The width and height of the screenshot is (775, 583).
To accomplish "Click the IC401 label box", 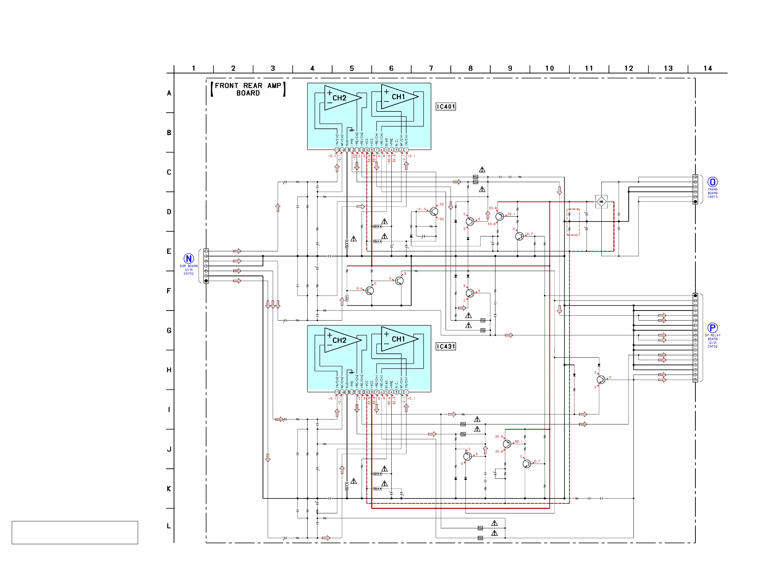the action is click(445, 107).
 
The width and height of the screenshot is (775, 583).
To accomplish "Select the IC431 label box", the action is click(445, 346).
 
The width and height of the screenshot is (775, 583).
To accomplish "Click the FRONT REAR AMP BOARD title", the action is click(248, 89).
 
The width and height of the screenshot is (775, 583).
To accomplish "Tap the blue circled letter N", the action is click(189, 259).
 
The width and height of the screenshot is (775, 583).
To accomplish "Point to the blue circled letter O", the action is click(712, 182).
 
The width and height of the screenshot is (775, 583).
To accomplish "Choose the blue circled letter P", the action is click(712, 328).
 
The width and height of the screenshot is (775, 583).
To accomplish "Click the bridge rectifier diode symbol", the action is click(601, 201).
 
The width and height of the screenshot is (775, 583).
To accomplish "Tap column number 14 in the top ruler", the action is click(708, 68).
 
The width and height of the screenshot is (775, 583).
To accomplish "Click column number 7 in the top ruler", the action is click(431, 68).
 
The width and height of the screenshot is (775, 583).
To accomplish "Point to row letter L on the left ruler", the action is click(169, 526).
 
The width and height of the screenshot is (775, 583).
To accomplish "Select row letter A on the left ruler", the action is click(169, 93).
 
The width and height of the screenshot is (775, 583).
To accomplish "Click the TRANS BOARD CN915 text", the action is click(712, 193).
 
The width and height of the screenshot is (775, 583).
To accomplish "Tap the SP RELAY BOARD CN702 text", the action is click(712, 341).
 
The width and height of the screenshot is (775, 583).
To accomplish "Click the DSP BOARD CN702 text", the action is click(189, 270).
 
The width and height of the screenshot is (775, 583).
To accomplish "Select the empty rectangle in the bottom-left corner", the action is click(75, 532).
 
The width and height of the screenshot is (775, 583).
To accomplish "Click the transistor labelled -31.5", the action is click(434, 212).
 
